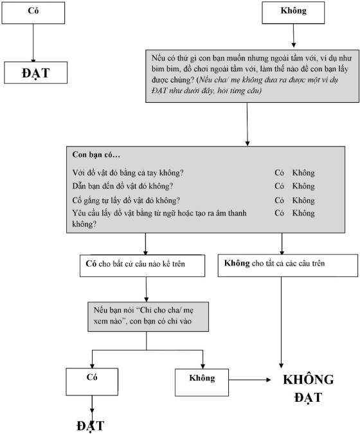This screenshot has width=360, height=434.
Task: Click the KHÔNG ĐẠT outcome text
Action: point(309,388)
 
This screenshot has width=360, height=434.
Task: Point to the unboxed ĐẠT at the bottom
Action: point(91,426)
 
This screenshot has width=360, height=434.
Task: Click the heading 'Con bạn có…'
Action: point(96,154)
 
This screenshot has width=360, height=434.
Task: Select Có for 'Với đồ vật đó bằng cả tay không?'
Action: point(279,173)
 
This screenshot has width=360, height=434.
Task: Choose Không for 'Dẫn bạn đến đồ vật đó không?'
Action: point(303,186)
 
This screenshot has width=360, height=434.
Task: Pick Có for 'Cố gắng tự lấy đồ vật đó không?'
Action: point(279,200)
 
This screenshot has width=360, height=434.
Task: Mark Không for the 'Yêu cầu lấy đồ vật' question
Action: point(303,213)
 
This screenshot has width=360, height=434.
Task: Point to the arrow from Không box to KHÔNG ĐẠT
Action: point(250,380)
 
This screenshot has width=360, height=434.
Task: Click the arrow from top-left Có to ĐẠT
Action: point(33,43)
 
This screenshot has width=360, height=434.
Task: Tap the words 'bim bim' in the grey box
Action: point(162,69)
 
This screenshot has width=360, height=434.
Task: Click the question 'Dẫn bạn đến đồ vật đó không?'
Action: point(123,186)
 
